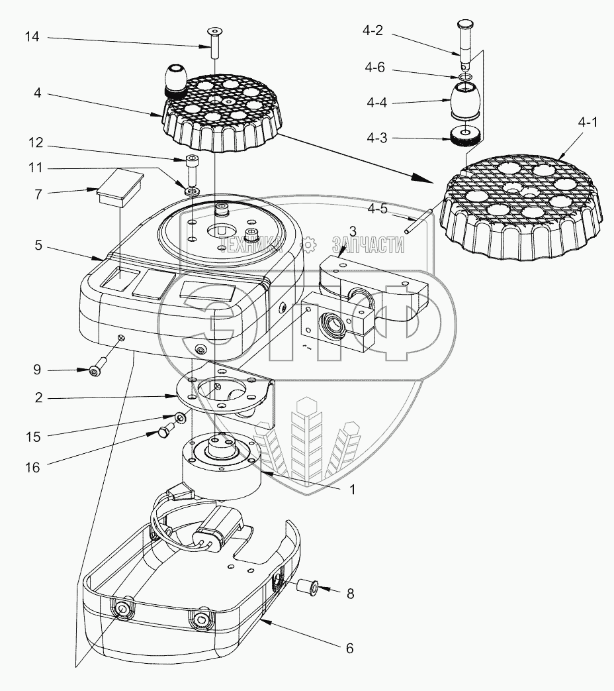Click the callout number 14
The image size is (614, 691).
32,38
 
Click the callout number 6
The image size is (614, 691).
349,649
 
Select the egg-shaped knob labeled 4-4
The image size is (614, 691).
467,101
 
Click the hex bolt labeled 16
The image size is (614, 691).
164,432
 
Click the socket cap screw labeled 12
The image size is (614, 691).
191,169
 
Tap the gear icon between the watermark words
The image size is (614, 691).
308,246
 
